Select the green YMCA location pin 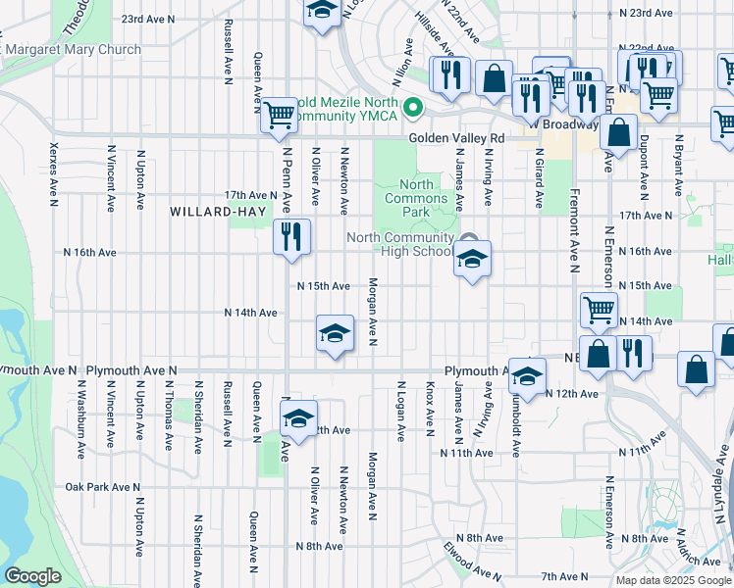(x=414, y=107)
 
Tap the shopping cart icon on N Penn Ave (x=279, y=114)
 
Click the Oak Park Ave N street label (x=102, y=487)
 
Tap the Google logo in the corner (x=32, y=576)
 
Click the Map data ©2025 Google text (x=673, y=580)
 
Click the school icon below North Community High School (x=472, y=260)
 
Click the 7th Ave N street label (x=561, y=576)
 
